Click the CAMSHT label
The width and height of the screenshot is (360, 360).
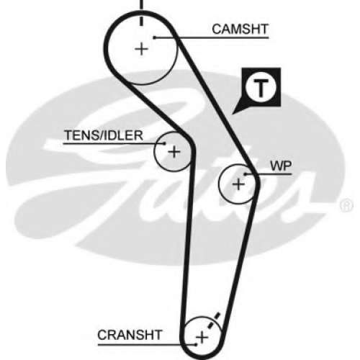click(240, 30)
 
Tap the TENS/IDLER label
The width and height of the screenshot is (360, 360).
click(104, 135)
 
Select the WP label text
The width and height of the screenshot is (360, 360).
click(281, 166)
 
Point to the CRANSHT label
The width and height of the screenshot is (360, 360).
click(130, 335)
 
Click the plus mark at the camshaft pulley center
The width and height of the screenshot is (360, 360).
click(142, 49)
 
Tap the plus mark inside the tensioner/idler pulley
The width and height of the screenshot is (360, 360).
click(174, 152)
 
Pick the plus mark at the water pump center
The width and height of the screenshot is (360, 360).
click(238, 184)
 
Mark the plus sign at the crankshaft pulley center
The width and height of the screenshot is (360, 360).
click(202, 338)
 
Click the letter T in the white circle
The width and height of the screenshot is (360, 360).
click(261, 88)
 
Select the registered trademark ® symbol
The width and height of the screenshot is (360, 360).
click(347, 206)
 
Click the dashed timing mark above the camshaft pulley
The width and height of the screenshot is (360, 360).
click(142, 12)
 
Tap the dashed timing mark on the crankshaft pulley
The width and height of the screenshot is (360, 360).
click(212, 321)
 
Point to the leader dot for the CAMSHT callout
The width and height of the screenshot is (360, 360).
click(155, 37)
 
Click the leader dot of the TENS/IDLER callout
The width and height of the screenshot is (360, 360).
click(165, 144)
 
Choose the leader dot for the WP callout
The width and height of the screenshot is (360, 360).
click(246, 174)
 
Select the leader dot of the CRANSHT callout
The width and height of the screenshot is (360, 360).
click(196, 345)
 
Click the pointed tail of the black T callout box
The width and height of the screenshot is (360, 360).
click(233, 114)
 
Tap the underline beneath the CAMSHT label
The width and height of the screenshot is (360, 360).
click(212, 37)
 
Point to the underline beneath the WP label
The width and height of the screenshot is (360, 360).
click(269, 174)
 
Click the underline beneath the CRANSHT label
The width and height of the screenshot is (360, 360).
click(147, 345)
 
